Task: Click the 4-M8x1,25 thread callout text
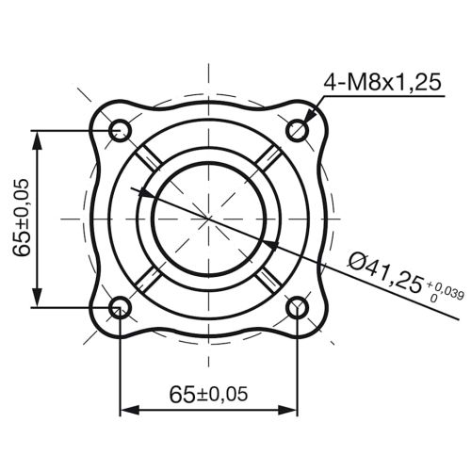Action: (x=383, y=83)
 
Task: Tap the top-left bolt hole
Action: (x=120, y=130)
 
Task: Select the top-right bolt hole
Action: (x=298, y=130)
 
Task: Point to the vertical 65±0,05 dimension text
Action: (x=19, y=219)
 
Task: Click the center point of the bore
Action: (x=208, y=219)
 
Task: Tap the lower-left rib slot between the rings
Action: (x=145, y=281)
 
